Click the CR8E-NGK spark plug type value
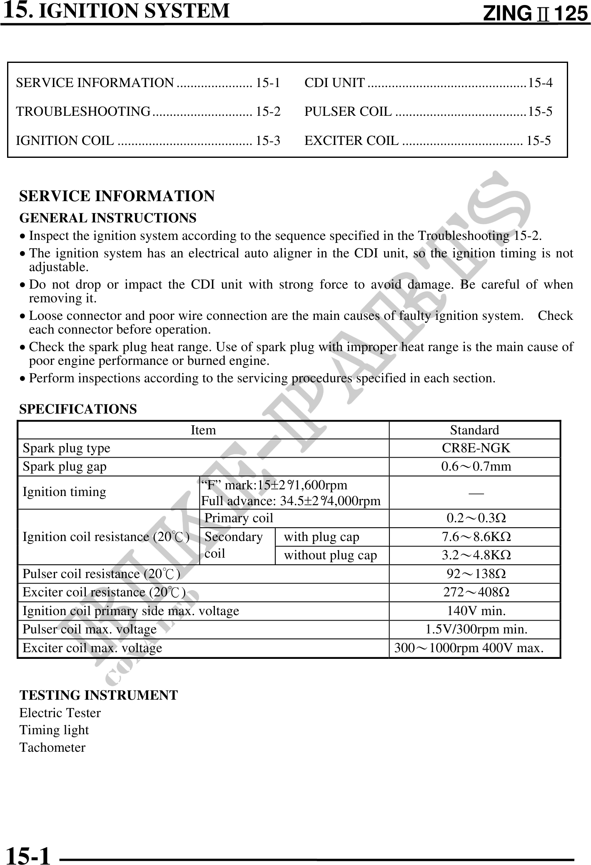point(476,448)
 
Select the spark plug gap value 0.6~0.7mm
point(476,466)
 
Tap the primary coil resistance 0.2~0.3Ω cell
point(476,518)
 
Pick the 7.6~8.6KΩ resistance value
point(476,537)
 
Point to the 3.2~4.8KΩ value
point(476,555)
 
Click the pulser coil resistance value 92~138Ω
point(476,574)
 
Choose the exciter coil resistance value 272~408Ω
point(476,592)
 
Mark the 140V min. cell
point(476,611)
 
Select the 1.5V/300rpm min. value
point(476,629)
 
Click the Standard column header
point(474,430)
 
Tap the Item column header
point(203,430)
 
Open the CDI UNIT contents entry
point(428,83)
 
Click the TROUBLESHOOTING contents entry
point(148,112)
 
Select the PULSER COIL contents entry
point(428,112)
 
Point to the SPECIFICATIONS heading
point(78,409)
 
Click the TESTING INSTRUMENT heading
point(99,695)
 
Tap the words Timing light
point(54,730)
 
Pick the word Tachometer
point(52,747)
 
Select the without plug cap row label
point(330,555)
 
